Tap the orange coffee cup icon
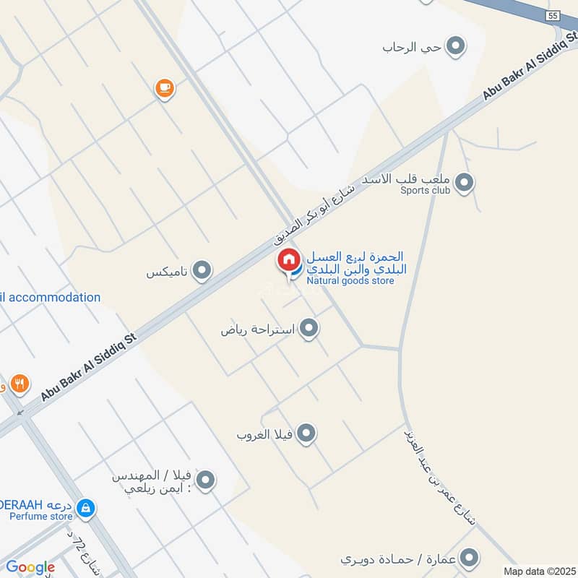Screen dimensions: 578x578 [x=165, y=89]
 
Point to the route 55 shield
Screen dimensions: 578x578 [x=553, y=15]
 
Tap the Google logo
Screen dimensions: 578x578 [x=30, y=567]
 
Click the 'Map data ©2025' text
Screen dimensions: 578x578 [x=538, y=571]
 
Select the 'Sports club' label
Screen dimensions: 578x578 [x=426, y=190]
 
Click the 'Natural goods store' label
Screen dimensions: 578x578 [x=350, y=280]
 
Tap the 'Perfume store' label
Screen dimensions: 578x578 [x=42, y=517]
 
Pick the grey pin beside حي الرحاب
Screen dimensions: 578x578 [x=455, y=47]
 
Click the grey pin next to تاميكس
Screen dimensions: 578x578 [x=203, y=272]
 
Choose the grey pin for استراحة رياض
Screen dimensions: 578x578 [x=309, y=329]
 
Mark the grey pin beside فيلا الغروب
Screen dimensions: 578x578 [x=307, y=434]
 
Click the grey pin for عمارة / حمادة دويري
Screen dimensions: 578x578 [x=470, y=558]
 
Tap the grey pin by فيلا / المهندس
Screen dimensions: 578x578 [x=206, y=480]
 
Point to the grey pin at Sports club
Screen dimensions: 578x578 [x=465, y=183]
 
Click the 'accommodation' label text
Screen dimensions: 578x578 [x=54, y=297]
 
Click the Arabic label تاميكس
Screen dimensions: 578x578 [x=168, y=272]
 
